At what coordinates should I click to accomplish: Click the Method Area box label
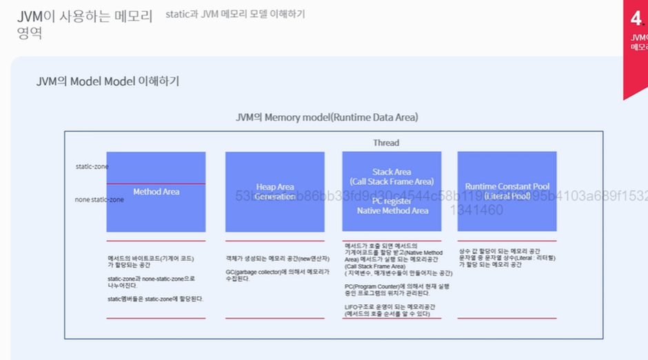[x=156, y=192]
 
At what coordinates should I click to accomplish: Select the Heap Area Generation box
[x=275, y=192]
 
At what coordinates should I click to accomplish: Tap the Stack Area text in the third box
[x=392, y=172]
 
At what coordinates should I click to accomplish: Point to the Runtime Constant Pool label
[x=507, y=187]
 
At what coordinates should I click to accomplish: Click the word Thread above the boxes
[x=386, y=143]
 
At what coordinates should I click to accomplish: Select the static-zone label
[x=92, y=167]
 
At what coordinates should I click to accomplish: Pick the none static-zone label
[x=99, y=200]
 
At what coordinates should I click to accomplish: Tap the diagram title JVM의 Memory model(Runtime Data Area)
[x=327, y=117]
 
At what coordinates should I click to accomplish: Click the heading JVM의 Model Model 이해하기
[x=108, y=81]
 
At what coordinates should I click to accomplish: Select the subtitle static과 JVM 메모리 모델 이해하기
[x=235, y=14]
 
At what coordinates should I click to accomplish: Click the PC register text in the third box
[x=392, y=201]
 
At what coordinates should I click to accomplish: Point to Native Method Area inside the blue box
[x=392, y=211]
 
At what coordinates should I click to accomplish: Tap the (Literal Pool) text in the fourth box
[x=507, y=197]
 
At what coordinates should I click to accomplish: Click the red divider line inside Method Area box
[x=156, y=183]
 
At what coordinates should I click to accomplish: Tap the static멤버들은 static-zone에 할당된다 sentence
[x=155, y=299]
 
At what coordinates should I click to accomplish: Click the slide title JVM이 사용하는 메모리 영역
[x=85, y=23]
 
